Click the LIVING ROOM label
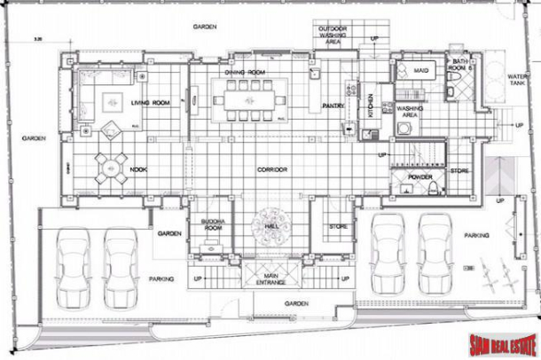coord(152,103)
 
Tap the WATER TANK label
coord(517,81)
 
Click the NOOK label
coord(138,168)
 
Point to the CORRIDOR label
coord(272,168)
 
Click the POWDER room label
coord(419,176)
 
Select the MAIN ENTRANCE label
coord(272,280)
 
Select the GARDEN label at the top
coord(206,27)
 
